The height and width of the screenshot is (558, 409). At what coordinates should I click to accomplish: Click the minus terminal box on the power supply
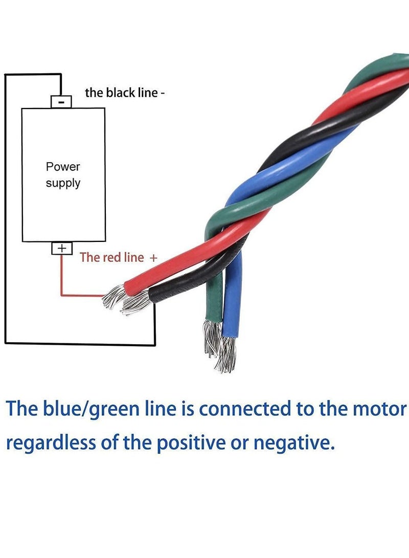pos(61,102)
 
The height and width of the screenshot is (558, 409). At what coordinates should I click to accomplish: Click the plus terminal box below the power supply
pos(61,248)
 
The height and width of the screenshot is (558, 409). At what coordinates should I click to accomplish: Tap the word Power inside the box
pos(63,167)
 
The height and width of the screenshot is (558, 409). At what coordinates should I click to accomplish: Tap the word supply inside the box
pos(63,183)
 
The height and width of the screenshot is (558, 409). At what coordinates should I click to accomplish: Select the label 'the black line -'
pos(124,93)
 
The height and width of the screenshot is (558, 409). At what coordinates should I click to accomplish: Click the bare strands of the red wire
pos(113,298)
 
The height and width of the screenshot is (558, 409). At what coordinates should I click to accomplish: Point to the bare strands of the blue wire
pos(226,354)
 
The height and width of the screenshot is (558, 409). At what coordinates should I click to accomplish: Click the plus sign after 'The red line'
pos(153,258)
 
